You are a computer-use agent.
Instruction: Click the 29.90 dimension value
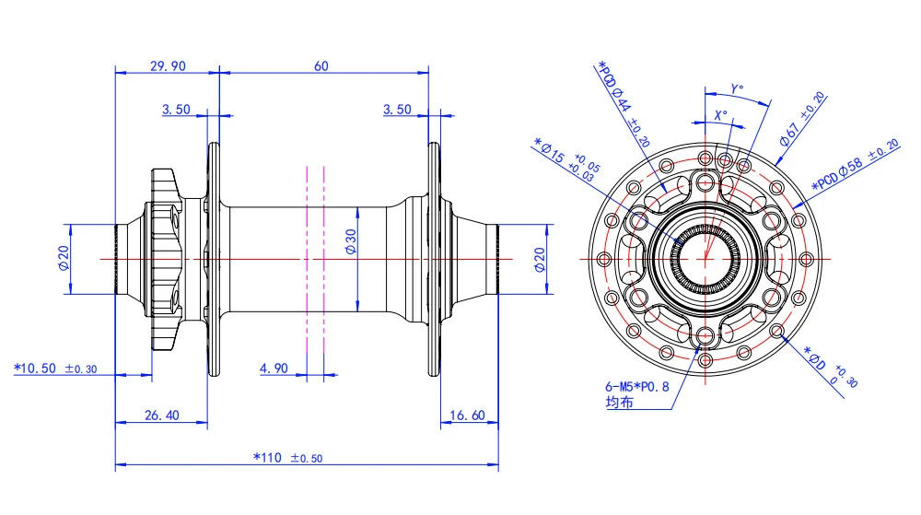pos(168,65)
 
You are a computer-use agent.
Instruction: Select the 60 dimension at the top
pos(322,65)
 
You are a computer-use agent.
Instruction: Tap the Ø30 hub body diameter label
pos(351,240)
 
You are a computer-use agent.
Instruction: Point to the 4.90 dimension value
pos(274,368)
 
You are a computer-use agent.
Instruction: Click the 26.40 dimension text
pos(161,416)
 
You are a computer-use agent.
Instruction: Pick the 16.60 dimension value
pos(467,416)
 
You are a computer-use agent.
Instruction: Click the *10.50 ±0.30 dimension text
pos(55,368)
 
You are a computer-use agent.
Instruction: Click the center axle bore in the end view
pos(705,259)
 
